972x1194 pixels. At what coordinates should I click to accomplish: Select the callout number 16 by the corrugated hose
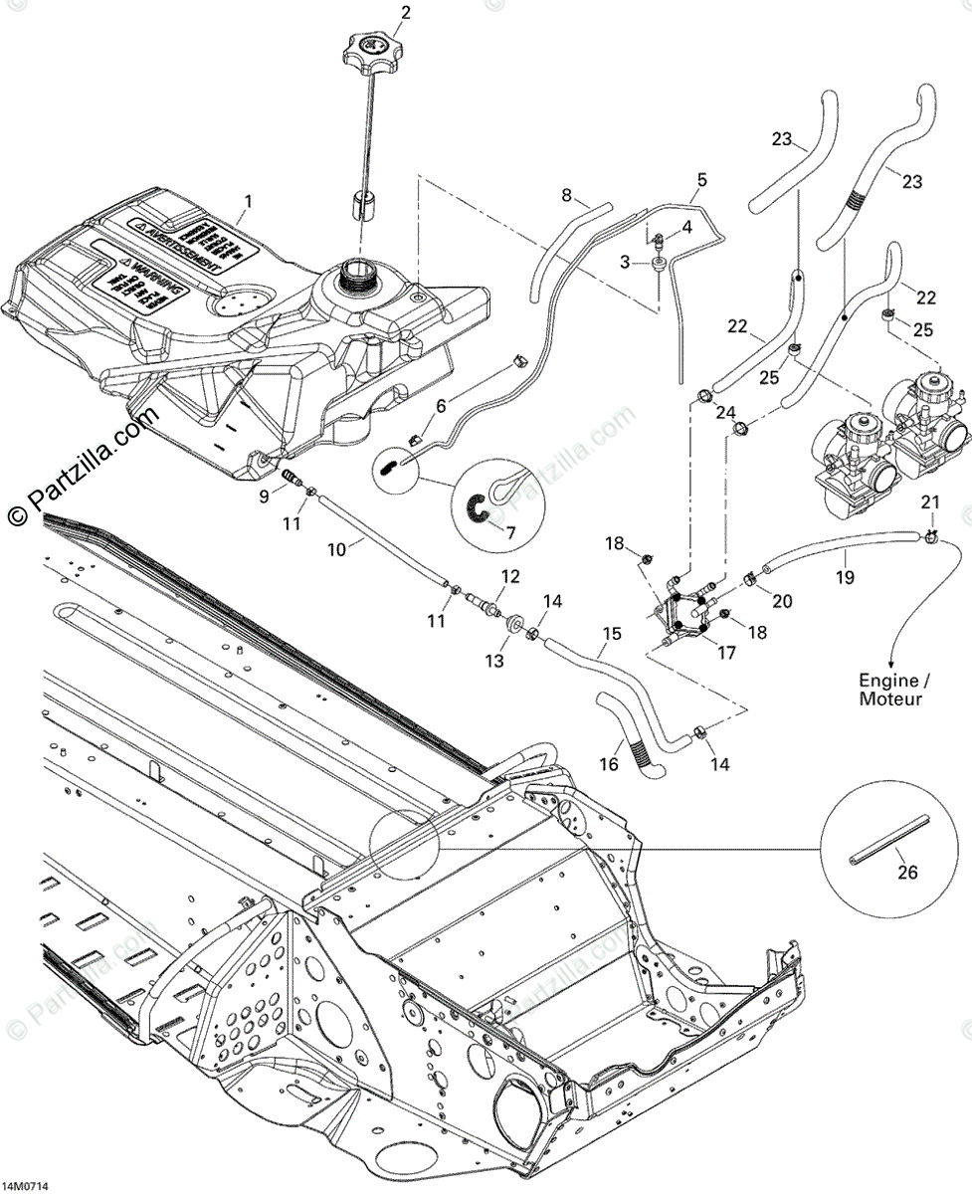[x=608, y=764]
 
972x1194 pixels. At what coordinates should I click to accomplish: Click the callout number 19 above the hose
[x=844, y=574]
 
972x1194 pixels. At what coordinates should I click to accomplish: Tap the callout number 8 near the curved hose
[x=568, y=196]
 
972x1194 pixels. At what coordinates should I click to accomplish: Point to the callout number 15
[x=611, y=633]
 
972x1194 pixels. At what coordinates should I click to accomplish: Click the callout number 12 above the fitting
[x=510, y=576]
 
